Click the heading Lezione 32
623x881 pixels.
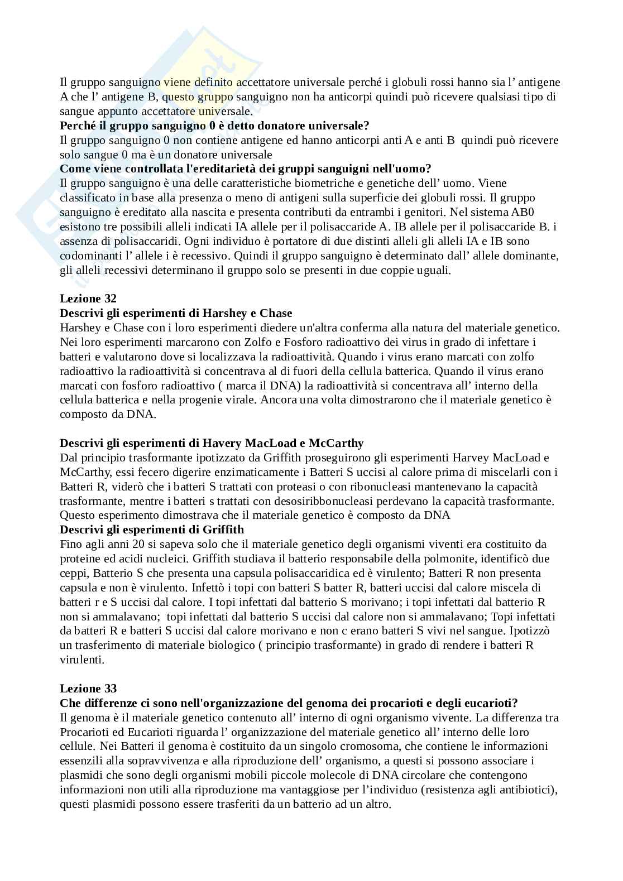88,299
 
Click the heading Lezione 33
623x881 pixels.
88,689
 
